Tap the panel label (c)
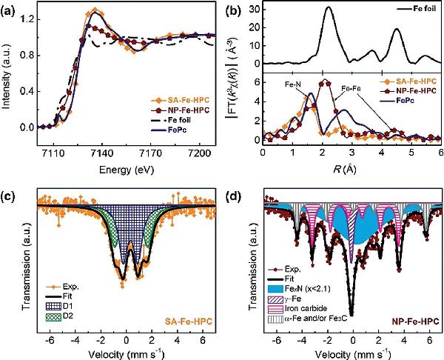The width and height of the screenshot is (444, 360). coord(11,198)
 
